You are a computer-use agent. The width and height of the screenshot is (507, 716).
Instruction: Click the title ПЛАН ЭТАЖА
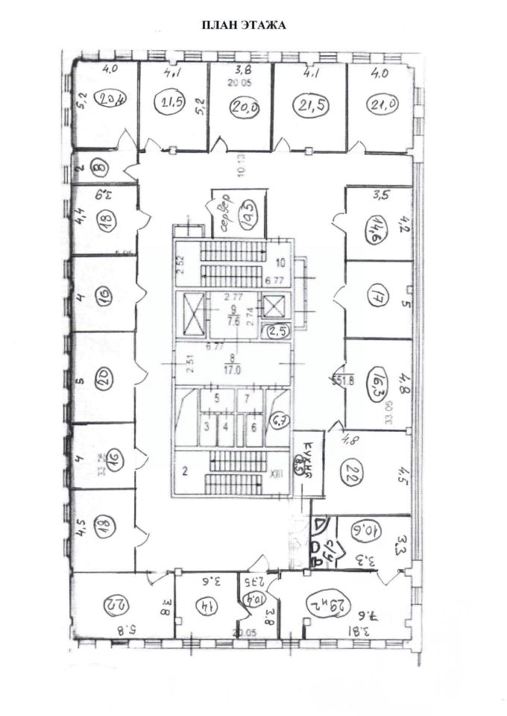click(x=245, y=25)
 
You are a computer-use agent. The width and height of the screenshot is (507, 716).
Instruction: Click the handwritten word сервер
click(x=224, y=204)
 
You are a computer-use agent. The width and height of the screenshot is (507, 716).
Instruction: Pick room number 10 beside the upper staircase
click(x=280, y=263)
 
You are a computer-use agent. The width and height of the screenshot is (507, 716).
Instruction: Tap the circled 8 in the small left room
click(x=98, y=167)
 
